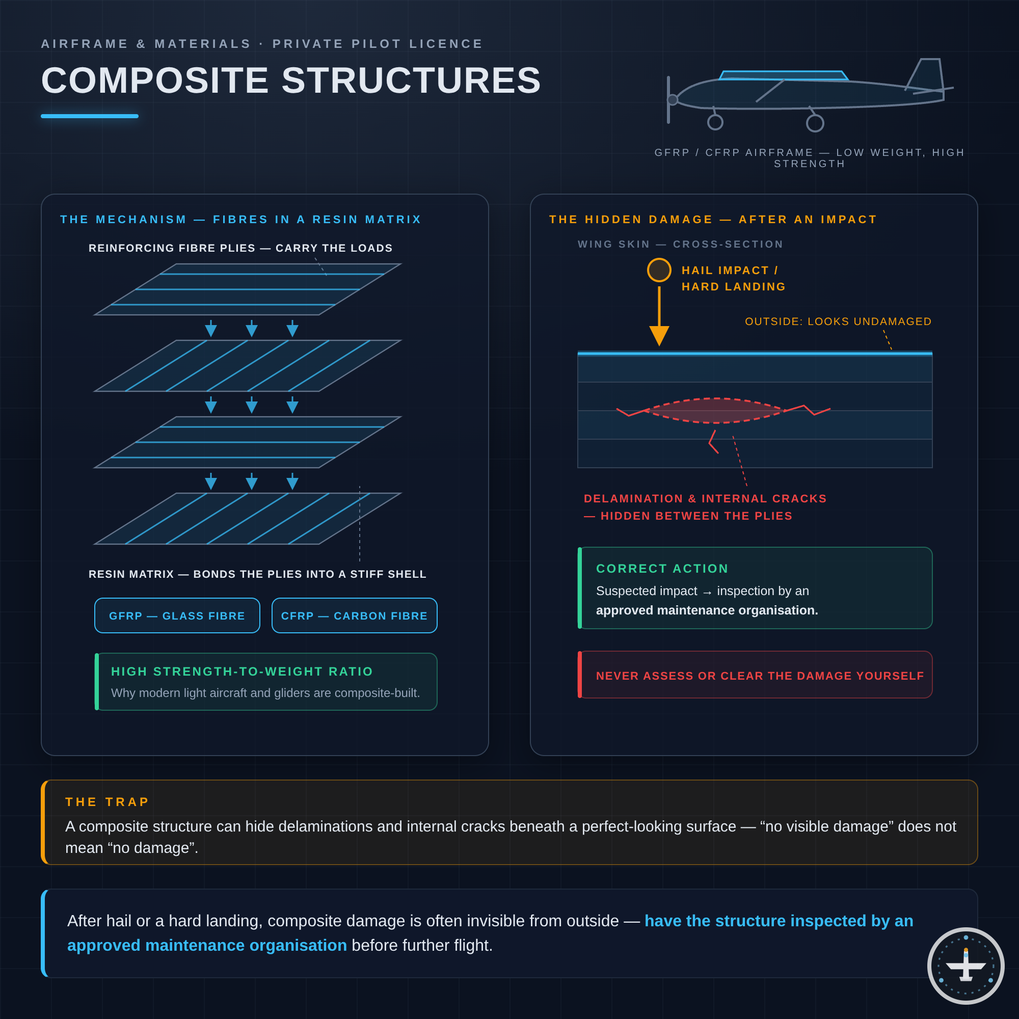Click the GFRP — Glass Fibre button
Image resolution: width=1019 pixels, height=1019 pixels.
pos(177,615)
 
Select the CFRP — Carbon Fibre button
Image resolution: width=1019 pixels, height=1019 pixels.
pos(355,615)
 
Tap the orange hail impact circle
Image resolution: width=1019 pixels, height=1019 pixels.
pos(659,270)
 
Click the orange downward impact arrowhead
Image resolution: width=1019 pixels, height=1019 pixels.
pos(659,336)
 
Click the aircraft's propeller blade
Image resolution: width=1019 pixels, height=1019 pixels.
pos(668,100)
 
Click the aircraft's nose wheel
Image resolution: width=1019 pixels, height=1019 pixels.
pos(715,122)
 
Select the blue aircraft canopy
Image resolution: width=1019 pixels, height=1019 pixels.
pos(784,75)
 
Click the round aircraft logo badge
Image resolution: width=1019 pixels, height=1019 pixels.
pos(966,966)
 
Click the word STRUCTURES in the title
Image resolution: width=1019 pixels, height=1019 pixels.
pos(411,81)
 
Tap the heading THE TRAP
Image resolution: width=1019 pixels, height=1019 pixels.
pos(107,801)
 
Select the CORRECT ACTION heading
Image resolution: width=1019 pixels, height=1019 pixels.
pos(662,569)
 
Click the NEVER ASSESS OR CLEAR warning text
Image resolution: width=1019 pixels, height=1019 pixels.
pos(760,676)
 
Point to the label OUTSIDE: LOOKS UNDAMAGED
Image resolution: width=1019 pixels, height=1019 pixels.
pos(838,321)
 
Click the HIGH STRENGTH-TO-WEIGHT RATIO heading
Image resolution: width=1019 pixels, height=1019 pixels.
pos(242,672)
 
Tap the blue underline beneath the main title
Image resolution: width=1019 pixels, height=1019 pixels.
pos(90,116)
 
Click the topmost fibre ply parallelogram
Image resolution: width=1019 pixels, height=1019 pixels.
pos(248,289)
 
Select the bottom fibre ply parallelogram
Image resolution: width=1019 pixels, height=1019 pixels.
pos(248,519)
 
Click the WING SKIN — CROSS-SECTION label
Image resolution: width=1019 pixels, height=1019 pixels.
pos(680,244)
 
